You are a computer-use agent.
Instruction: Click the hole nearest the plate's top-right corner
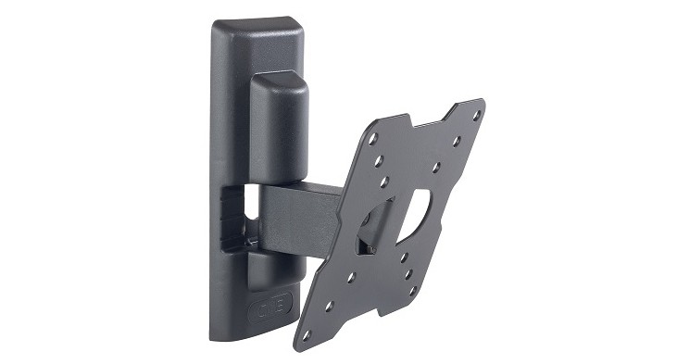click(476, 115)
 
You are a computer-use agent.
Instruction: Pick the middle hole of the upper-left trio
click(381, 159)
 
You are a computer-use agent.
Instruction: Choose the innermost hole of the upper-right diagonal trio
click(435, 168)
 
